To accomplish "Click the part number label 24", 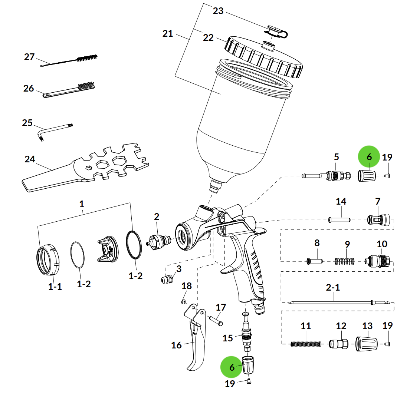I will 30,159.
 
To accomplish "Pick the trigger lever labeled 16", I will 196,341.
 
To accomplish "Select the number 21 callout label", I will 168,34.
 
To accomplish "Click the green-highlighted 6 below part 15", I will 232,367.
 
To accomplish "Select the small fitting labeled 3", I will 168,279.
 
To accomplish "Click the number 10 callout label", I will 382,244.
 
